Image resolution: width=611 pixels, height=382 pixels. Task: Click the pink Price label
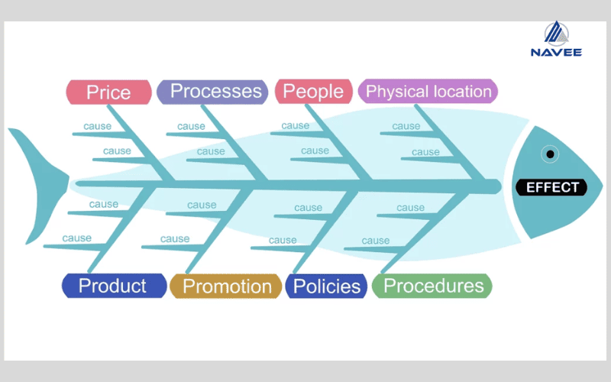pos(108,92)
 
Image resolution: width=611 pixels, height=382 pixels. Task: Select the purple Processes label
pos(212,92)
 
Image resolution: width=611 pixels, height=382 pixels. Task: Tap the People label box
pos(313,92)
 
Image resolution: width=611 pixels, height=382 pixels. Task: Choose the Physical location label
pos(428,91)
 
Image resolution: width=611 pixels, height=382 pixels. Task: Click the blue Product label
pos(114,286)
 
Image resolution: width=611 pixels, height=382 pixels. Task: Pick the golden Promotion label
pos(225,286)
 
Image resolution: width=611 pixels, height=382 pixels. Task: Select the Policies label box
pos(326,286)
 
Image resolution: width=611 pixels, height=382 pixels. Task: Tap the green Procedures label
pos(432,286)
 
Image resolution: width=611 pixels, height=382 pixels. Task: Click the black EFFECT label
pos(551,187)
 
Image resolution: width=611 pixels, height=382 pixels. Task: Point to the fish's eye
pos(550,154)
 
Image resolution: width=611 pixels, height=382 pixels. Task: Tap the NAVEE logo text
pos(556,52)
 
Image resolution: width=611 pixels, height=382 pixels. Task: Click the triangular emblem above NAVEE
pos(557,33)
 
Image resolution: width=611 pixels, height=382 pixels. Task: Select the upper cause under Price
pos(98,126)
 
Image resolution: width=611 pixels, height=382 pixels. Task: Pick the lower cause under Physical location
pos(425,152)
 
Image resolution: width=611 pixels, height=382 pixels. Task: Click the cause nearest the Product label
pos(77,238)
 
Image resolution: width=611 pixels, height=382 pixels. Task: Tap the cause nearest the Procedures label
pos(376,241)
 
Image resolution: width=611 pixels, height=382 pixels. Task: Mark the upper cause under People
pos(296,126)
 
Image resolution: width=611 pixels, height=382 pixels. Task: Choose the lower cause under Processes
pos(211,151)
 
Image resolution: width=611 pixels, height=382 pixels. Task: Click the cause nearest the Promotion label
pos(175,239)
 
